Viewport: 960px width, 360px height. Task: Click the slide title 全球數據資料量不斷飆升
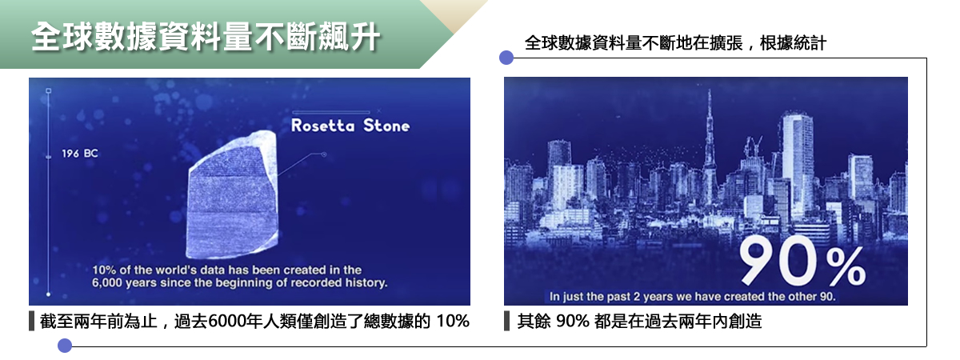coord(206,37)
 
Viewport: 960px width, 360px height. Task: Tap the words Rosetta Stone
coord(350,126)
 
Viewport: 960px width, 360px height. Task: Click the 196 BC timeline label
coord(80,154)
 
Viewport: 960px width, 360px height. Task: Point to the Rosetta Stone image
coord(233,195)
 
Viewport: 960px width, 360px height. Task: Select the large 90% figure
coord(802,262)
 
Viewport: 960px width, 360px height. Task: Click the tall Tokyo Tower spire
coord(710,146)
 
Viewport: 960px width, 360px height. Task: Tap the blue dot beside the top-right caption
coord(506,58)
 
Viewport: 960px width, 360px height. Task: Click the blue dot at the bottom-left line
coord(65,346)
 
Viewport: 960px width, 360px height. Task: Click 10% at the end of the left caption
coord(453,321)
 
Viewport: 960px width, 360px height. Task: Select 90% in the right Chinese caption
coord(572,321)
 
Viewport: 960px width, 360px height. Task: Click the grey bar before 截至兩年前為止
coord(31,321)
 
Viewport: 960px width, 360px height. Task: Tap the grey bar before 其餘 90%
coord(507,321)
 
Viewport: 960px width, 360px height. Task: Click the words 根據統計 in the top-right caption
coord(793,43)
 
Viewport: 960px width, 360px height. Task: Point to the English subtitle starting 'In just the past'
coord(693,297)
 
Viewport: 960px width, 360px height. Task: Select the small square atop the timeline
coord(49,91)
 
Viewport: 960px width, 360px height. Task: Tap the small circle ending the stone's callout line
coord(324,154)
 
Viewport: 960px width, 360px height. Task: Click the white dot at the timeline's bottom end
coord(49,294)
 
